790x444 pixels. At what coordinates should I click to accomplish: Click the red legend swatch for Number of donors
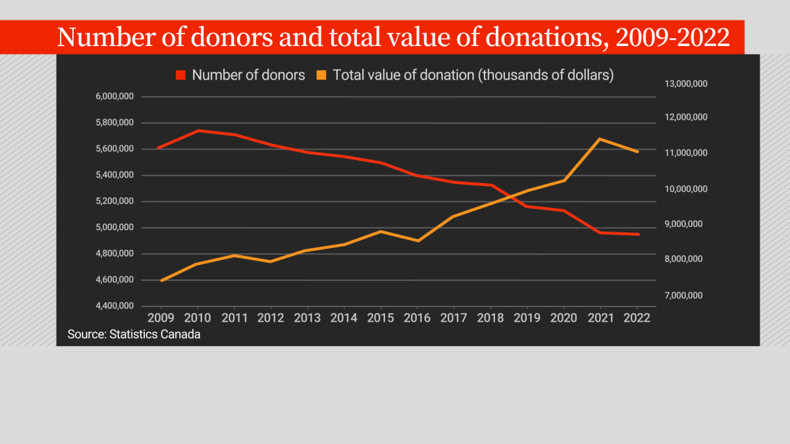click(181, 75)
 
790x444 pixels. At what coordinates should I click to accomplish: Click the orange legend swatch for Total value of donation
click(321, 75)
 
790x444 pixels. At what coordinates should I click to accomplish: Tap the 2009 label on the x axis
click(161, 318)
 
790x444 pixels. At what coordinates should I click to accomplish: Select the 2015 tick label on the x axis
click(381, 318)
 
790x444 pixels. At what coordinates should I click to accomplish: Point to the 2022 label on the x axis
click(637, 318)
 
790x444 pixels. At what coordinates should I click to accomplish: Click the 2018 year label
click(490, 318)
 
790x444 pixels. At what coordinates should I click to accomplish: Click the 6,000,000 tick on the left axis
click(115, 97)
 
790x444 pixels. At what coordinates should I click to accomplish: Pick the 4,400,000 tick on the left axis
click(115, 307)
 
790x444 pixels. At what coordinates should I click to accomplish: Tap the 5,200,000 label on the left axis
click(115, 201)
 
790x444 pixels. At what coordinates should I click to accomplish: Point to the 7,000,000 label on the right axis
click(685, 295)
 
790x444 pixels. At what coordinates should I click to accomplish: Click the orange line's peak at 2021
click(600, 139)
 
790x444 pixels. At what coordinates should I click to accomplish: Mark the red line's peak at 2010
click(197, 130)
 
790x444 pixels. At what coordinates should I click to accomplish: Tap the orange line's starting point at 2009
click(161, 281)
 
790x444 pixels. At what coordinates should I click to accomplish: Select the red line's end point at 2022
click(637, 234)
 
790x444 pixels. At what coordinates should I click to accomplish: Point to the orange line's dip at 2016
click(417, 241)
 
